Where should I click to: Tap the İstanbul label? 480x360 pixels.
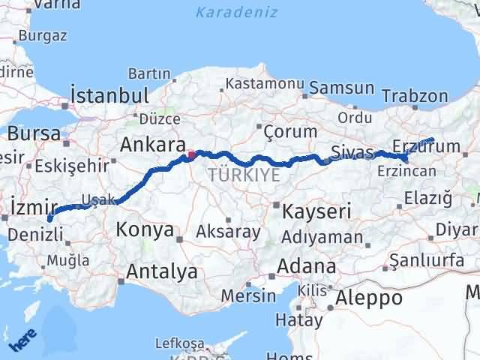coord(109,95)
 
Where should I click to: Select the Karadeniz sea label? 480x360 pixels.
coord(236,13)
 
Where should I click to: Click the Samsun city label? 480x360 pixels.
coord(341,88)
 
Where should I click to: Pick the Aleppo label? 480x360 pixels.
coord(368,298)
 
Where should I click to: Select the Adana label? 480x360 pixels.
coord(306,266)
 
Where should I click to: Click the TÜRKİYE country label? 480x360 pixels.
coord(244,175)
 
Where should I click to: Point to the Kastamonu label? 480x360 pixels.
coord(265,84)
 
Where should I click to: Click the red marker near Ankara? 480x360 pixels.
coord(191,156)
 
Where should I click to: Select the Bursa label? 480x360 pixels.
coord(34,133)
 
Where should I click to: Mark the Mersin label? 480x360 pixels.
coord(250,295)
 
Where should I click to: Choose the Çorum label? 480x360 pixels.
coord(289,132)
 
